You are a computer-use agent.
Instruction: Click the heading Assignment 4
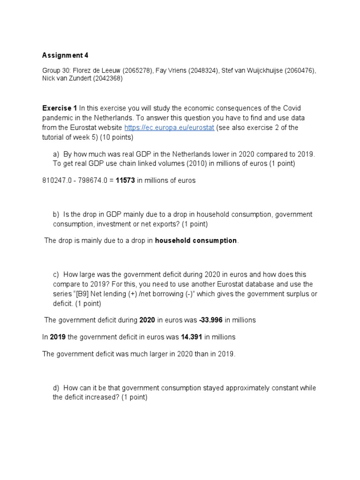(65, 55)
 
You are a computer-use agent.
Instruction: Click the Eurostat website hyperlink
(169, 128)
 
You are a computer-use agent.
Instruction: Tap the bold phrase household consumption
(195, 240)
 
